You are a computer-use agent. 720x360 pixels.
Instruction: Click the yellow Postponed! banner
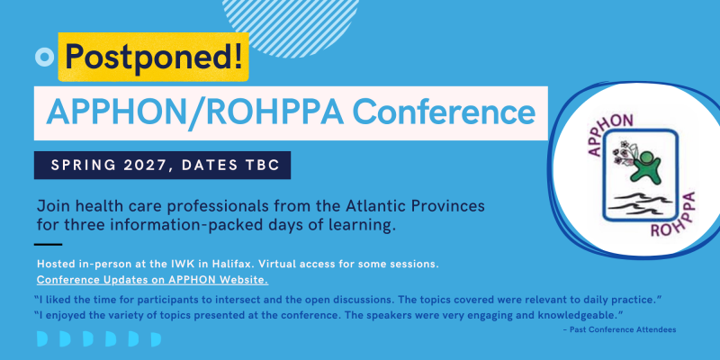[153, 57]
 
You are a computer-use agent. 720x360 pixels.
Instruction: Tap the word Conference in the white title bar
[444, 113]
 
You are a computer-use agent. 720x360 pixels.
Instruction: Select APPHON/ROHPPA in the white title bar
[194, 113]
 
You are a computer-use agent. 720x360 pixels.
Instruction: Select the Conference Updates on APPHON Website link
[152, 280]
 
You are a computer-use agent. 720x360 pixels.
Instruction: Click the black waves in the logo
[642, 201]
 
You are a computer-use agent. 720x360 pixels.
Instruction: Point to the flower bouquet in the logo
[624, 155]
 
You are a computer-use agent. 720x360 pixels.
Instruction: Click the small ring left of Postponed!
[44, 57]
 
